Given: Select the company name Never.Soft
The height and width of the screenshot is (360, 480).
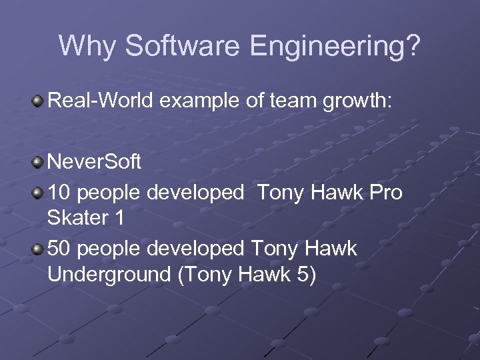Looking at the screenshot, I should pyautogui.click(x=95, y=163).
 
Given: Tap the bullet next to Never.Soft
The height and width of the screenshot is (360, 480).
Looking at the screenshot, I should pyautogui.click(x=39, y=162).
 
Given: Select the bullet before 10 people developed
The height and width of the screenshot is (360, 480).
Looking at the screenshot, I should pyautogui.click(x=39, y=193).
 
